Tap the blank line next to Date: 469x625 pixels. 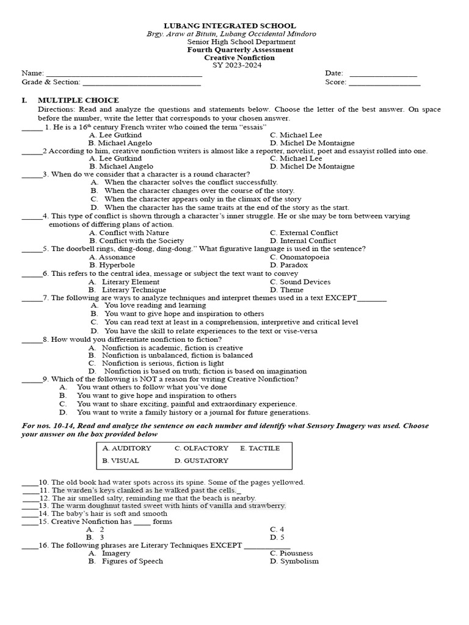pyautogui.click(x=383, y=75)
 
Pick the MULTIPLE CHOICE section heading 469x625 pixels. pyautogui.click(x=78, y=100)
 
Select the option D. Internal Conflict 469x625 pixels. pyautogui.click(x=303, y=240)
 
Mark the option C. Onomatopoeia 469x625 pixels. pyautogui.click(x=299, y=257)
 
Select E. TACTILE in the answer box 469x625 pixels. pyautogui.click(x=260, y=448)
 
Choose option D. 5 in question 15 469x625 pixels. pyautogui.click(x=277, y=537)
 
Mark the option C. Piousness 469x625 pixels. pyautogui.click(x=291, y=553)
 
